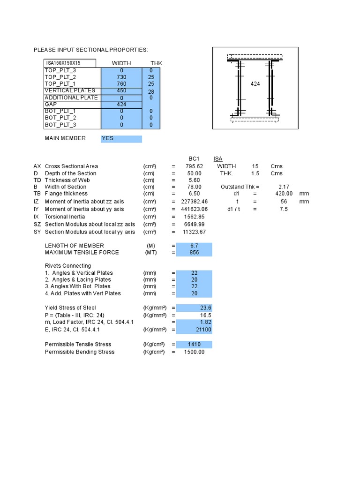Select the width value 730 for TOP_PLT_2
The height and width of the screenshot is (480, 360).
pos(121,77)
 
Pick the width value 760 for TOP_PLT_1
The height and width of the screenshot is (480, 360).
pos(121,84)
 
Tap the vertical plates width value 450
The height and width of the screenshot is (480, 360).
pos(121,90)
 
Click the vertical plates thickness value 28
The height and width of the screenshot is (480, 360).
pos(151,92)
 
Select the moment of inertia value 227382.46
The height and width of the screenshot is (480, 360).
pos(191,202)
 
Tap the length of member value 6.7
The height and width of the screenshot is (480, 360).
pos(195,246)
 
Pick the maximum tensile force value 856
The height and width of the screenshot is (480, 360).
pos(195,252)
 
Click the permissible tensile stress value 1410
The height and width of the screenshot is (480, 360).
pos(195,345)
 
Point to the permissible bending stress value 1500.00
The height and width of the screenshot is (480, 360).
pos(195,352)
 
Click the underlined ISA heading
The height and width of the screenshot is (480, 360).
pos(218,159)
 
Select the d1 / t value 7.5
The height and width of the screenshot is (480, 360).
pos(284,209)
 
